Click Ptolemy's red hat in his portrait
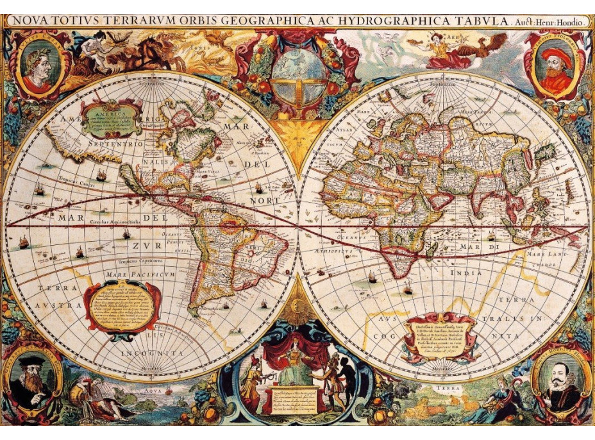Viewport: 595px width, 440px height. pos(555,55)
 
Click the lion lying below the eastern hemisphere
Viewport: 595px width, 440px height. pos(423,406)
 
